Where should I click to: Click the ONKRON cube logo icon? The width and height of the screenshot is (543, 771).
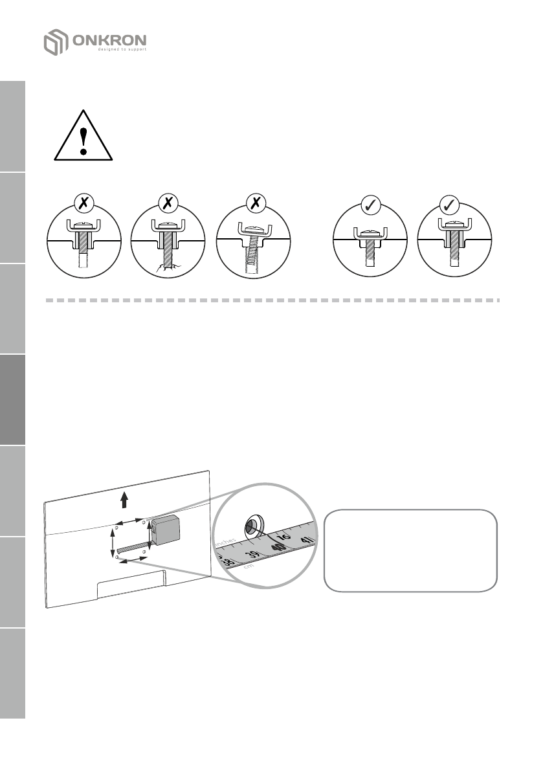tap(56, 41)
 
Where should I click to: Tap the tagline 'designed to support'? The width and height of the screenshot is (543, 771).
tap(122, 49)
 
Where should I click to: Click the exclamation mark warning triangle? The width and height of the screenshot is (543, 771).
tap(83, 137)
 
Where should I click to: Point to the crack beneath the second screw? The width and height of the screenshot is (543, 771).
tap(166, 266)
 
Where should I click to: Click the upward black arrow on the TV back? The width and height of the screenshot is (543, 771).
tap(124, 498)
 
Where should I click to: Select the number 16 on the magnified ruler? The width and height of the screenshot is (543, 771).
tap(283, 537)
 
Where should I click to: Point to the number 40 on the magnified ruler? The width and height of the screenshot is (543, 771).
tap(278, 547)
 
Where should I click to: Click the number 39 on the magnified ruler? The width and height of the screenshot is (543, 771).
tap(254, 555)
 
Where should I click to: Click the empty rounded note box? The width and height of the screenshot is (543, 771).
tap(410, 550)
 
